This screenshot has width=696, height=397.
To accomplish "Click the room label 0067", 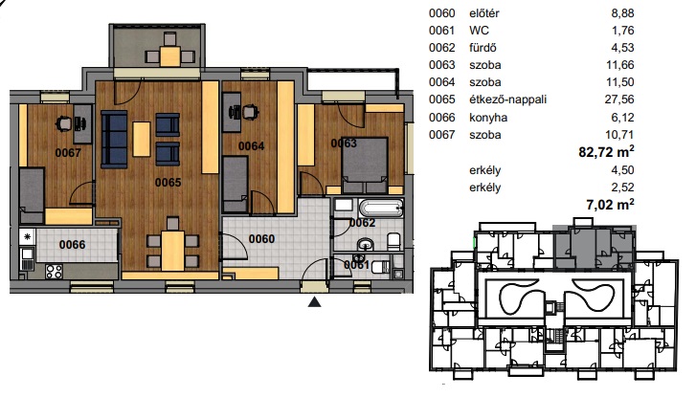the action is (68, 153).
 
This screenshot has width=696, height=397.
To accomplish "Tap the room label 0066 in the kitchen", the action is (73, 244).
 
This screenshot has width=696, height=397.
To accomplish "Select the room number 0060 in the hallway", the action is (262, 239).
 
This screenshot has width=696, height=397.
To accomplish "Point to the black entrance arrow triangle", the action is (315, 302).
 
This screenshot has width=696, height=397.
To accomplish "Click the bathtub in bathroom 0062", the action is (381, 208).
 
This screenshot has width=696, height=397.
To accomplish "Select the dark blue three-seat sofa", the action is (114, 140).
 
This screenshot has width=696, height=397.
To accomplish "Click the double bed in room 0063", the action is (365, 165).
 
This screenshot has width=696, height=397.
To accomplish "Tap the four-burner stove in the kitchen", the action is (55, 271).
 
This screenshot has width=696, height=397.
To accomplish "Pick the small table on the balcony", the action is (170, 56).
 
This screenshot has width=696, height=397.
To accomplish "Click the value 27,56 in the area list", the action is (619, 99).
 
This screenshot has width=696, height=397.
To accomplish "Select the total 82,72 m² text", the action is (606, 152).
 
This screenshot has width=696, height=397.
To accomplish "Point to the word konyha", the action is (488, 118).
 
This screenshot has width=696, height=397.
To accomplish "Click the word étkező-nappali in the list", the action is (507, 99).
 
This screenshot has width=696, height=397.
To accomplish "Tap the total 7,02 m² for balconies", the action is (610, 205).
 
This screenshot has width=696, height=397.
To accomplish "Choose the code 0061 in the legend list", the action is (441, 31).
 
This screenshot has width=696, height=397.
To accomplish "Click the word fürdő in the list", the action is (483, 48).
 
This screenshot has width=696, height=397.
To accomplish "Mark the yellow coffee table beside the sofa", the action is (142, 139).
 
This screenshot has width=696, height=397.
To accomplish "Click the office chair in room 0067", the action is (63, 123).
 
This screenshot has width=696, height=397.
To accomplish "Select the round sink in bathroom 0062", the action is (366, 244).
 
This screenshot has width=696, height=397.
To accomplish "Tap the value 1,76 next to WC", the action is (622, 31).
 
